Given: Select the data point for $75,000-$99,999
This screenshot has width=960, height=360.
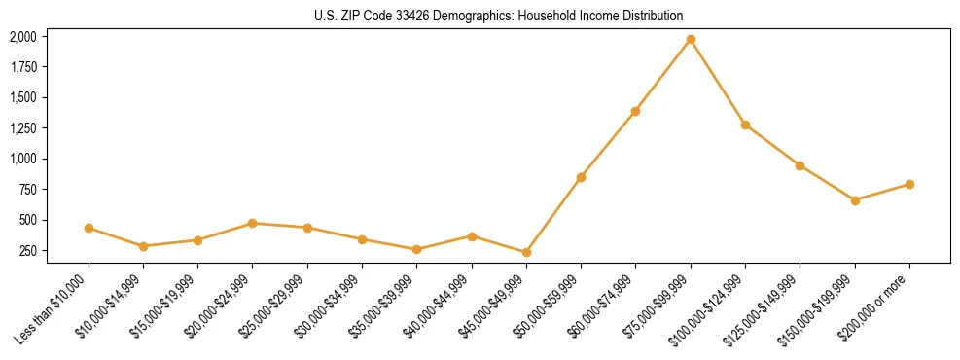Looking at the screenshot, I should coord(691,39).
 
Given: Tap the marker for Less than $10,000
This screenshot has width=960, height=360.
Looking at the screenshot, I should coord(89,228).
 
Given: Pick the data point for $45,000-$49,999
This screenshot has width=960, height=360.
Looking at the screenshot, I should coord(526,252).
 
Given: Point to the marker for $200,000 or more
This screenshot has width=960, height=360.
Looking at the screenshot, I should coord(909,184).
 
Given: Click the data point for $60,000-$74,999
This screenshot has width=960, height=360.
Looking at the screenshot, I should coord(635,111).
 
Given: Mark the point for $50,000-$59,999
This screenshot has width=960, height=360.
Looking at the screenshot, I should coord(581,177).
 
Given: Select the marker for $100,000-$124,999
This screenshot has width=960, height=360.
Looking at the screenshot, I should coord(745,125).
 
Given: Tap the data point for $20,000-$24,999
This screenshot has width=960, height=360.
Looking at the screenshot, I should coord(253,223).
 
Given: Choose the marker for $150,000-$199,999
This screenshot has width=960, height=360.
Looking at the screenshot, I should coord(855,200).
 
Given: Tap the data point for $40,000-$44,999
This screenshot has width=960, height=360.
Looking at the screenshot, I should coord(472,236).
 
